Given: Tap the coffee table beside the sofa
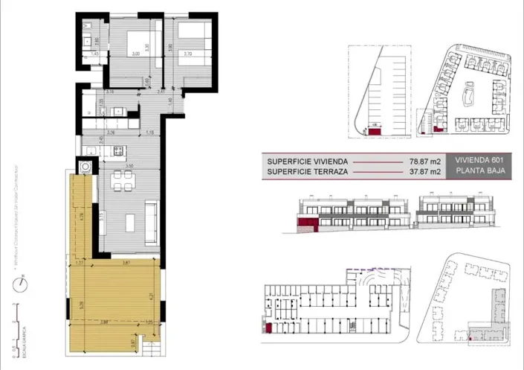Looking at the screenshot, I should click(x=131, y=221).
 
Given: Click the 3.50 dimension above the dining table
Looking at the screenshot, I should click(x=129, y=166).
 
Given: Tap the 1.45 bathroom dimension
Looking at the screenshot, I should click(x=95, y=54).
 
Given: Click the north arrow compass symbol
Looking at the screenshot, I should click(x=24, y=282).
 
